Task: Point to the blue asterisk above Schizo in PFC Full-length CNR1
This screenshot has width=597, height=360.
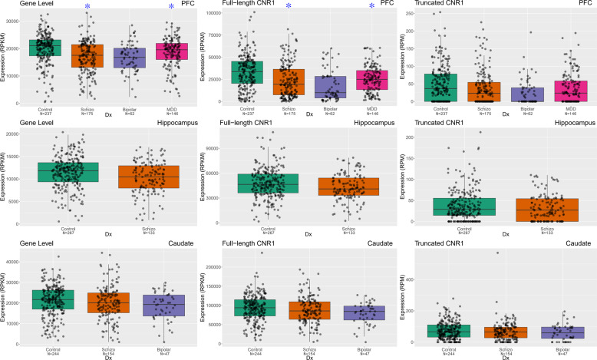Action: pyautogui.click(x=289, y=7)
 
